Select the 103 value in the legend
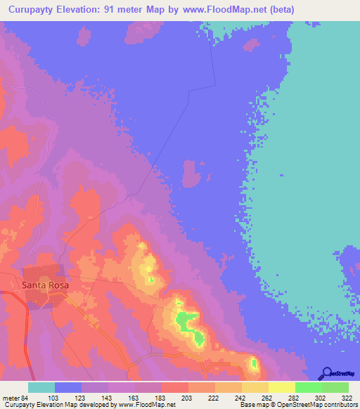pyautogui.click(x=43, y=398)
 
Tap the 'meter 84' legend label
pyautogui.click(x=14, y=398)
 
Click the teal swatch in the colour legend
pyautogui.click(x=41, y=387)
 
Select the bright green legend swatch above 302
pyautogui.click(x=308, y=387)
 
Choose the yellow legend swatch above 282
pyautogui.click(x=281, y=387)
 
